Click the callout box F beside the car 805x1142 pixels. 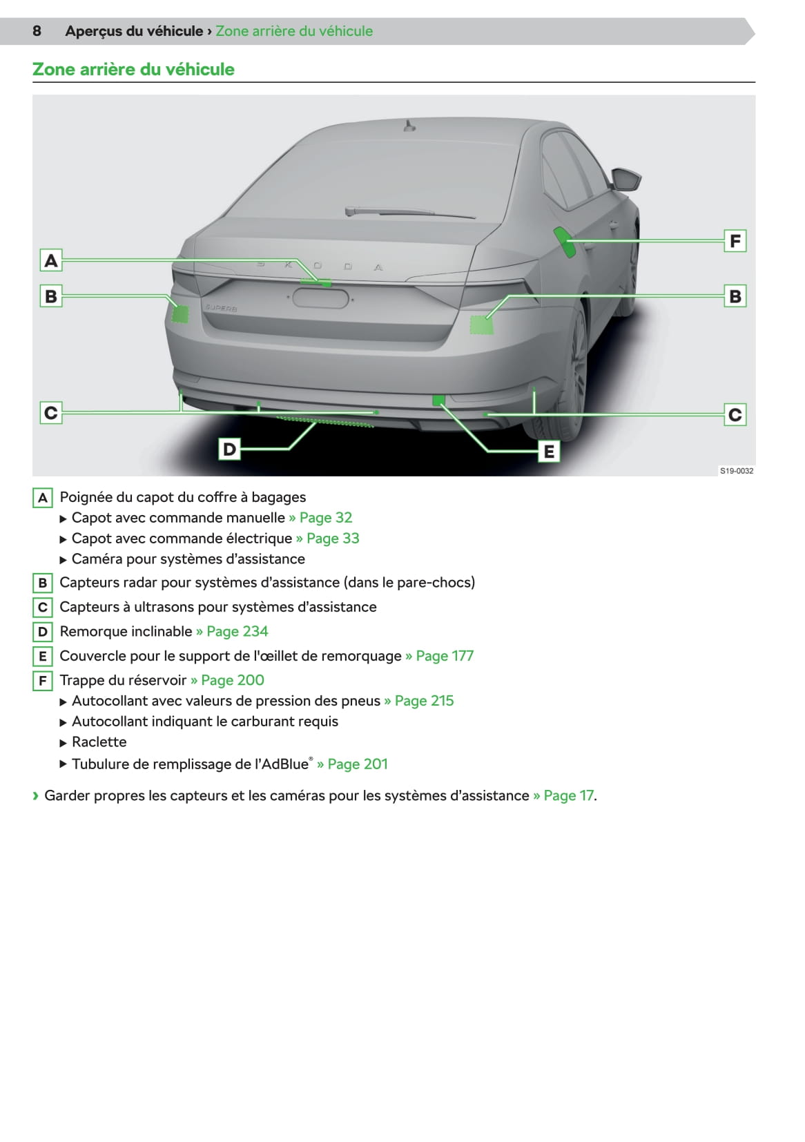tap(735, 241)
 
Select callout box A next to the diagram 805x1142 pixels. tap(51, 260)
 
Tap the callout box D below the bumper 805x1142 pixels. tap(229, 449)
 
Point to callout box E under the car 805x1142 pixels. tap(549, 451)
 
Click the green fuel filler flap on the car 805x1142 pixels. tap(565, 242)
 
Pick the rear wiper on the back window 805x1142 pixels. tap(410, 212)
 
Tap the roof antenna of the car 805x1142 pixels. tap(408, 126)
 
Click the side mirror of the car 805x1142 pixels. tap(625, 180)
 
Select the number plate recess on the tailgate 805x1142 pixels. tap(320, 299)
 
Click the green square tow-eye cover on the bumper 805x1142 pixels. tap(438, 400)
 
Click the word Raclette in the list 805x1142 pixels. tap(99, 742)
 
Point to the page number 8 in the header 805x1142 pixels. tap(37, 31)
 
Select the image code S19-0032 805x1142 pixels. tap(736, 471)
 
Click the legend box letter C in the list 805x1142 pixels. tap(43, 607)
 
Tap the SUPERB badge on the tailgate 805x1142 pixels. tap(221, 308)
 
